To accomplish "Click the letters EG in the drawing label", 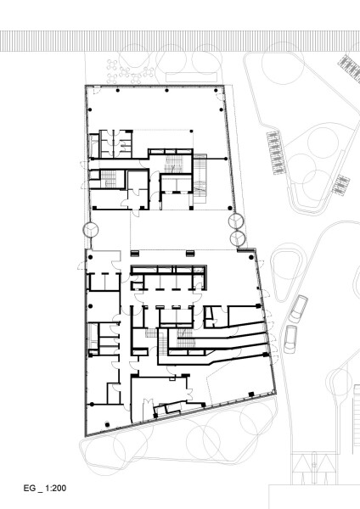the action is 29,489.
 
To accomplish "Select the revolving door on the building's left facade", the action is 91,230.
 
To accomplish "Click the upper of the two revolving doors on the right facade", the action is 236,221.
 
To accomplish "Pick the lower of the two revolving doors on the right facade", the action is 238,238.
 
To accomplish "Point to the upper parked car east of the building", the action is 299,309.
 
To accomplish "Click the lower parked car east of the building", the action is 290,338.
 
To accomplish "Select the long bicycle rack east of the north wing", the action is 273,153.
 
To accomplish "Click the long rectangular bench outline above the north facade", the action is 191,77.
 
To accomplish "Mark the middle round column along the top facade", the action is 166,90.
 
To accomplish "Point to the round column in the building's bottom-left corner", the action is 107,425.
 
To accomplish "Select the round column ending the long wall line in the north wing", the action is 226,159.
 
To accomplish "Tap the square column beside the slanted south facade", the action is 250,394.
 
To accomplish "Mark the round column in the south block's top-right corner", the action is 250,257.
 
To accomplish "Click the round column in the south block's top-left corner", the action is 90,257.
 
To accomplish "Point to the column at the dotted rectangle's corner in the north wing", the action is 191,131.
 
